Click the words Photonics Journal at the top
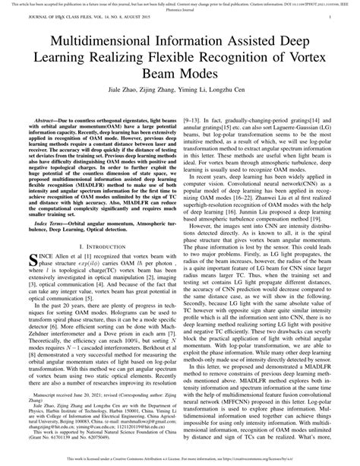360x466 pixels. [x=180, y=11]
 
